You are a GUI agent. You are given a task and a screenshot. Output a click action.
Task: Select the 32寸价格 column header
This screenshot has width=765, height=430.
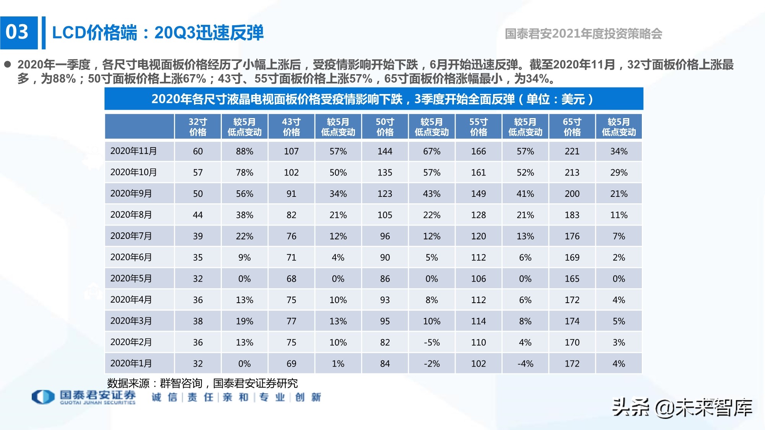tap(198, 127)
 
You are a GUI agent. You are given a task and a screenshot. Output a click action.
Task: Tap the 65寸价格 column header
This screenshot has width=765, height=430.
tap(572, 127)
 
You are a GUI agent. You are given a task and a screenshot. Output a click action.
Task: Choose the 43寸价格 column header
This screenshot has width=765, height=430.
tap(291, 127)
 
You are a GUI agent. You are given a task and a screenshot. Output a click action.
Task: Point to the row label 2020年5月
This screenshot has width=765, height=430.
tap(131, 279)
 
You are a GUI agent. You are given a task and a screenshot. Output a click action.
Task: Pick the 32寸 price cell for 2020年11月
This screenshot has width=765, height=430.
tap(198, 151)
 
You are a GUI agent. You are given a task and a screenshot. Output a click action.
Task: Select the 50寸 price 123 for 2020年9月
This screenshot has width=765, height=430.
tap(385, 194)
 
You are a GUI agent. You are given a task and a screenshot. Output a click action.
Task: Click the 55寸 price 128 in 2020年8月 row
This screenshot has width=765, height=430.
tap(479, 215)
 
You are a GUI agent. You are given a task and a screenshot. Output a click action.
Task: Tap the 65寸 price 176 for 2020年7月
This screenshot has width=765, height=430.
tap(572, 236)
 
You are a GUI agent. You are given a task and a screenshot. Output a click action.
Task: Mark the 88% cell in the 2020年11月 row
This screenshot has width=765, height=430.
tap(244, 151)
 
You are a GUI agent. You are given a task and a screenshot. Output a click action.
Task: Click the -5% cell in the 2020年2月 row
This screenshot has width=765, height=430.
tap(431, 342)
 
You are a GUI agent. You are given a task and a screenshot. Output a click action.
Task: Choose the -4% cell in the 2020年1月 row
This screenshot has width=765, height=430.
tap(525, 364)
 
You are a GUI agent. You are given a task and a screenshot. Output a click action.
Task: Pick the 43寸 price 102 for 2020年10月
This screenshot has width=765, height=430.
tap(291, 173)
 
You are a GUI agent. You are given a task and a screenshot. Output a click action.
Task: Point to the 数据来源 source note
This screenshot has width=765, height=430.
tap(202, 383)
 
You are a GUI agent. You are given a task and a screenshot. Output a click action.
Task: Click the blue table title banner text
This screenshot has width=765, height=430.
tap(373, 99)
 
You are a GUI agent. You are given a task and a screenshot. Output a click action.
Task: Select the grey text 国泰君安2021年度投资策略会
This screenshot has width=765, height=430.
tap(583, 34)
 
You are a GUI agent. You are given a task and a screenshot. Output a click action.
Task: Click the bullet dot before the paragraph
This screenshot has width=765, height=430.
tap(8, 64)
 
